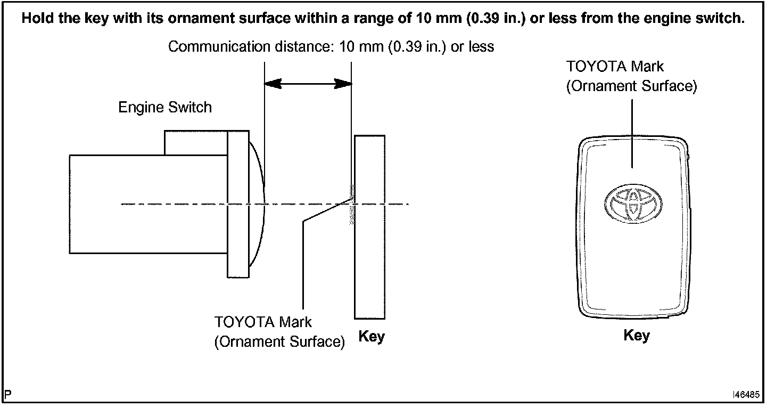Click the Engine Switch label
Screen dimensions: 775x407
coord(165,108)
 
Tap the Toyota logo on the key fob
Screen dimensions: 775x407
coord(633,203)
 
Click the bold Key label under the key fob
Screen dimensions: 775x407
coord(637,336)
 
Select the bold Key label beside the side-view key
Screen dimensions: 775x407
coord(372,336)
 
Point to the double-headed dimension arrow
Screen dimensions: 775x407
coord(308,84)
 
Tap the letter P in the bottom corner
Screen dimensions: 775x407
coord(7,395)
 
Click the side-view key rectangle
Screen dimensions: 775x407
coord(369,227)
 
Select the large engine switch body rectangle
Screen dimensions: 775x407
coord(148,205)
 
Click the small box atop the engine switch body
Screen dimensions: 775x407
coord(196,143)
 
